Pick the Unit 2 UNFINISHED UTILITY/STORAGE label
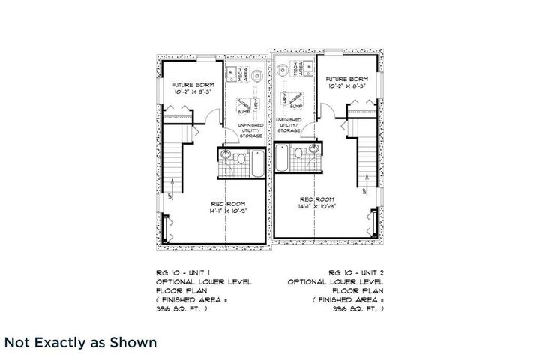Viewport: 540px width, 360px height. [289, 125]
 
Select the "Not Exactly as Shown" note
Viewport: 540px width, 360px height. [81, 343]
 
